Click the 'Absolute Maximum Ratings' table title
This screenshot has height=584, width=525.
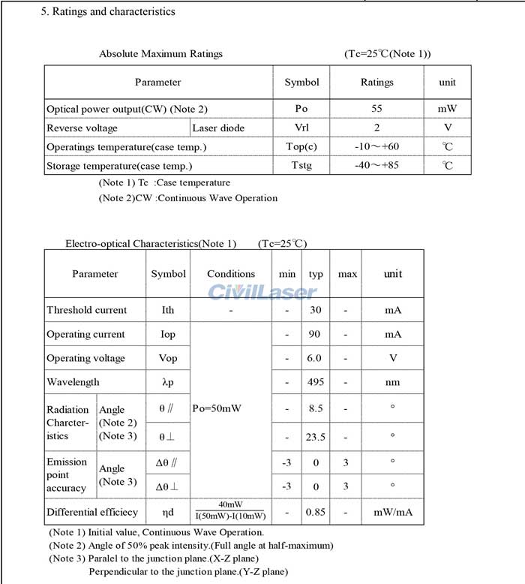(x=160, y=53)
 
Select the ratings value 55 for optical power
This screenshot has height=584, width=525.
(x=376, y=109)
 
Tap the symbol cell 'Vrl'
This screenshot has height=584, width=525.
(x=301, y=128)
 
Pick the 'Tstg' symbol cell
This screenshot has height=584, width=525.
(x=301, y=166)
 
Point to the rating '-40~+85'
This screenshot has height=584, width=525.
(x=376, y=166)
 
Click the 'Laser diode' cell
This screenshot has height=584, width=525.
(x=218, y=128)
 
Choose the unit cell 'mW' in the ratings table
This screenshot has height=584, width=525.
(x=448, y=109)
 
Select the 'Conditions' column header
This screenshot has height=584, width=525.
(x=231, y=274)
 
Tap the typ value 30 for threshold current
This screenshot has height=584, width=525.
(x=316, y=310)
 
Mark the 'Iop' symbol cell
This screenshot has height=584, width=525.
(x=168, y=334)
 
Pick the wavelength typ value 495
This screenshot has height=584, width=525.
(x=316, y=382)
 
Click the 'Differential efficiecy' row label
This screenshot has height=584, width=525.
(x=92, y=512)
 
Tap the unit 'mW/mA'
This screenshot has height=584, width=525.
(x=393, y=512)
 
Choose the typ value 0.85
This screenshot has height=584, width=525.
(x=316, y=512)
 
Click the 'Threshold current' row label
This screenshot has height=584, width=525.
(x=87, y=310)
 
